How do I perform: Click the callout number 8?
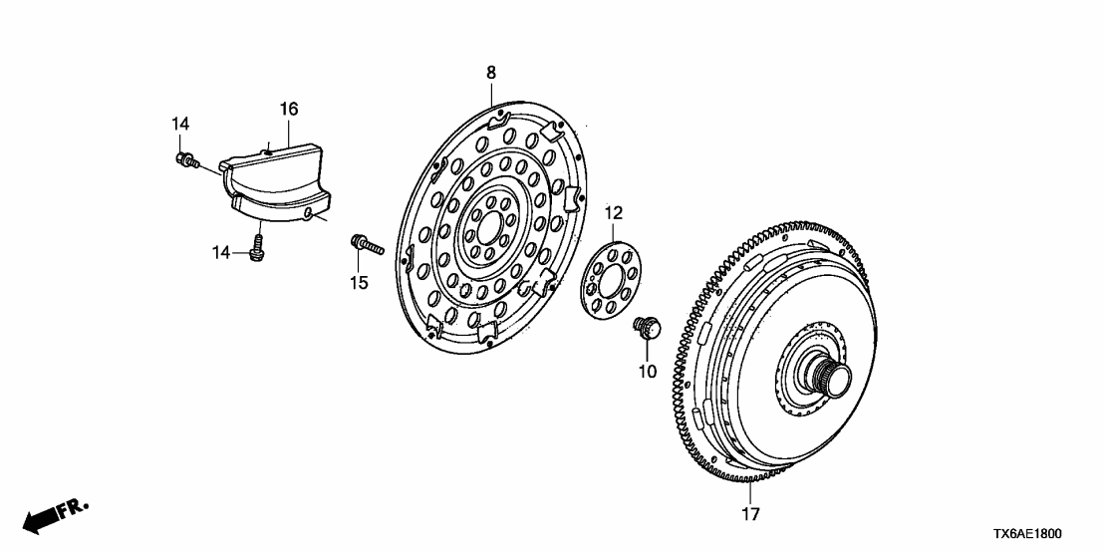click(x=490, y=72)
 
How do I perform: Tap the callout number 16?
click(x=288, y=108)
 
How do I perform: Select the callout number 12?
click(x=613, y=212)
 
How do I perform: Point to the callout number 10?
click(x=648, y=372)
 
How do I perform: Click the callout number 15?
click(x=359, y=283)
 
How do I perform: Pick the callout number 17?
click(x=750, y=514)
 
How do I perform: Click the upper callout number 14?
click(x=179, y=124)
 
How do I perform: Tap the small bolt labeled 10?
click(x=646, y=326)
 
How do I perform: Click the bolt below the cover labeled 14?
click(x=257, y=248)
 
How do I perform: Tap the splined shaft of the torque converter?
click(x=831, y=379)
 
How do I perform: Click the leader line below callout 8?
click(x=492, y=93)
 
